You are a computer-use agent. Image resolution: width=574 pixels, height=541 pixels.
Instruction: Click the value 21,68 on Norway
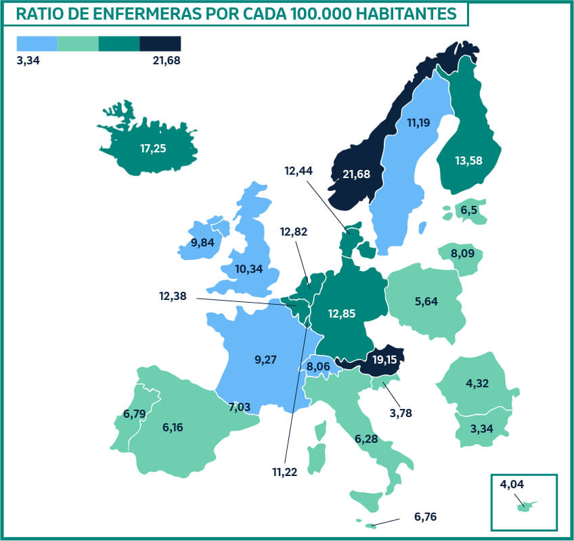(x=357, y=175)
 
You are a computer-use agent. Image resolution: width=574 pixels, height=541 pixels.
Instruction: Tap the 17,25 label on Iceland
(x=154, y=148)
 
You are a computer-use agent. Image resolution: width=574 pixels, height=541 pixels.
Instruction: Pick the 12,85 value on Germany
(x=342, y=313)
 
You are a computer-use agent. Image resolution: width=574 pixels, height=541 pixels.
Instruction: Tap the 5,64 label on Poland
(x=426, y=301)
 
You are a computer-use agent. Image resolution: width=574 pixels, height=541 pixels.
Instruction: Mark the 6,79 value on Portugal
(x=135, y=414)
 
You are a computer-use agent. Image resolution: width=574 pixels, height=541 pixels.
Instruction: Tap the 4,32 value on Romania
(x=478, y=383)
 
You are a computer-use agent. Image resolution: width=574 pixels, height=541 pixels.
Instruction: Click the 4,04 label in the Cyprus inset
(x=512, y=484)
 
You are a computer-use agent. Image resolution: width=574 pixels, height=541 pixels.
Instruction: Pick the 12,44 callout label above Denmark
(x=300, y=172)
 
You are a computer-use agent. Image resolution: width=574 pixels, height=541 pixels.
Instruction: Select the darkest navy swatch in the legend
(x=160, y=44)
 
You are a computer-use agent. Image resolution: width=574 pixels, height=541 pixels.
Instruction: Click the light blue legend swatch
(x=37, y=44)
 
